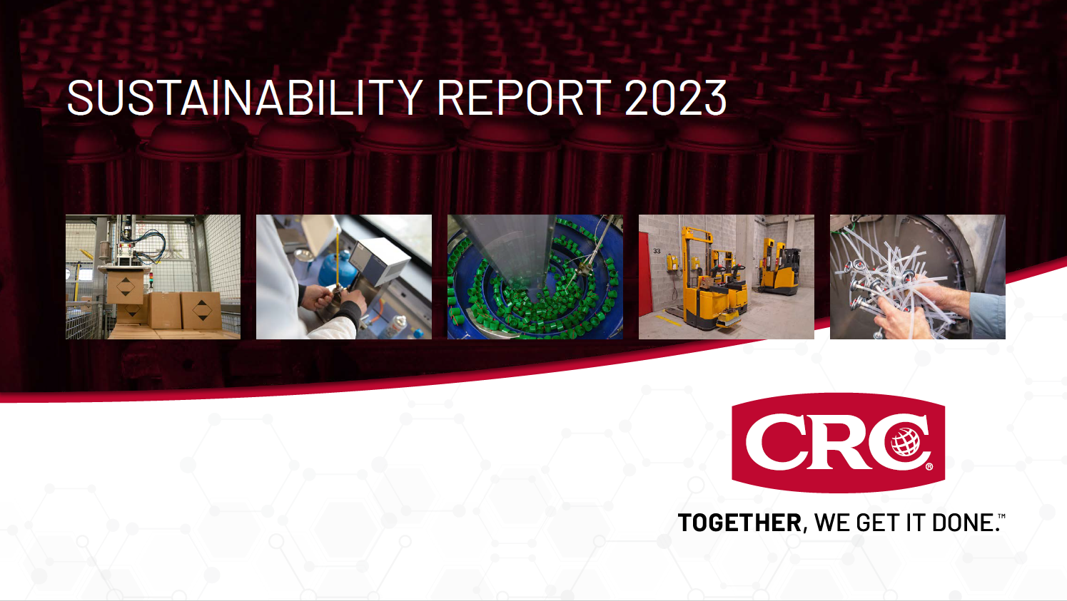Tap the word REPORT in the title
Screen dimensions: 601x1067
click(524, 98)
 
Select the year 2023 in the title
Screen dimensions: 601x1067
click(675, 98)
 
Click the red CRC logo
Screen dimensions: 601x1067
click(838, 442)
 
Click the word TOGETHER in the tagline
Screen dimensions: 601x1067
click(739, 523)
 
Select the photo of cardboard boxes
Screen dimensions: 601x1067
click(153, 277)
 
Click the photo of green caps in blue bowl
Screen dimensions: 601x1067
click(535, 277)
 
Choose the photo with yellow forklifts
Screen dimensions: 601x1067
click(726, 277)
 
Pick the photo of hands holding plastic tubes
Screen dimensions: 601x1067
click(917, 277)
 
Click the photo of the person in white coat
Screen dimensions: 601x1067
click(343, 277)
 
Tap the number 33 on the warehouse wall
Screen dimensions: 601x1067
click(657, 251)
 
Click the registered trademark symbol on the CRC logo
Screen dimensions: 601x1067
click(929, 467)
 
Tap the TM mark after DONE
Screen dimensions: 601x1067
click(1001, 515)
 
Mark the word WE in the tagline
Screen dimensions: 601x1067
click(831, 523)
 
